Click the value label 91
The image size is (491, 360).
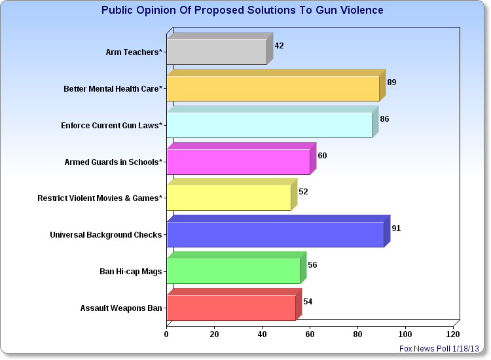(396, 228)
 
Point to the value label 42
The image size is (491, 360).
(279, 46)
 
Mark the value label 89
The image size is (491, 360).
(391, 82)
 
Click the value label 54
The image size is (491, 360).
(308, 302)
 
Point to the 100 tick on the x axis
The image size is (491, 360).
(405, 334)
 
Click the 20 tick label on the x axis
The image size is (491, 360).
(214, 334)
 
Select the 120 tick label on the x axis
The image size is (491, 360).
(453, 334)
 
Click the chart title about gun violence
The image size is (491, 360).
(242, 10)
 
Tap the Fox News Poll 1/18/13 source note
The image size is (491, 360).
(439, 348)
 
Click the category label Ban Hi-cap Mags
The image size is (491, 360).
(130, 272)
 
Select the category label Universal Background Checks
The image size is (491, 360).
(106, 235)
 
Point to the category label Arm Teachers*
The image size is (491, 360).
(134, 52)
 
